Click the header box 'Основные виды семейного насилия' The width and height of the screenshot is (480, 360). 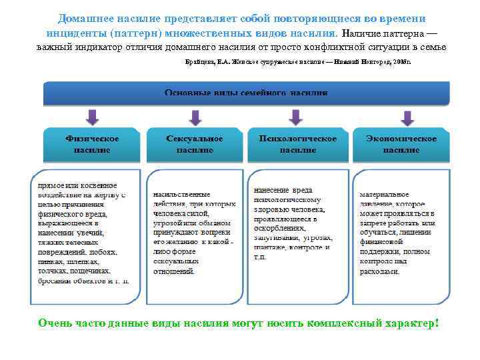point(246,93)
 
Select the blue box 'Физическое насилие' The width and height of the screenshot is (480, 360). point(92,144)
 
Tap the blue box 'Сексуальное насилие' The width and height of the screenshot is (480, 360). point(195,144)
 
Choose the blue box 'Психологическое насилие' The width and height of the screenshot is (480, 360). point(297,144)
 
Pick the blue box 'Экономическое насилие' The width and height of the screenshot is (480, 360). point(401,144)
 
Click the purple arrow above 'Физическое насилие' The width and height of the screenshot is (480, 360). point(93,117)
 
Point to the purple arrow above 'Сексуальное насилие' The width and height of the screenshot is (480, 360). point(195,117)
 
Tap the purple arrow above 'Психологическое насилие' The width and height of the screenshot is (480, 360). point(297,117)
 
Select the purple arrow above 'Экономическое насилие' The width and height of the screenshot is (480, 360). point(407,117)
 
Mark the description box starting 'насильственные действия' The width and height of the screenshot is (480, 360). point(194,237)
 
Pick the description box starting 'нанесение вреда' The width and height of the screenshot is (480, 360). point(297,237)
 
